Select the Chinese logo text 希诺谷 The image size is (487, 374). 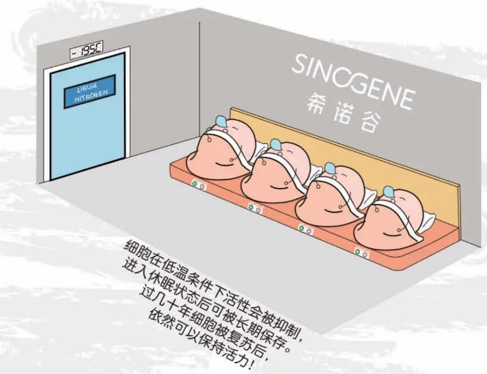(x=354, y=113)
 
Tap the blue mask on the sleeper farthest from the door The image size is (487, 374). (x=389, y=191)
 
